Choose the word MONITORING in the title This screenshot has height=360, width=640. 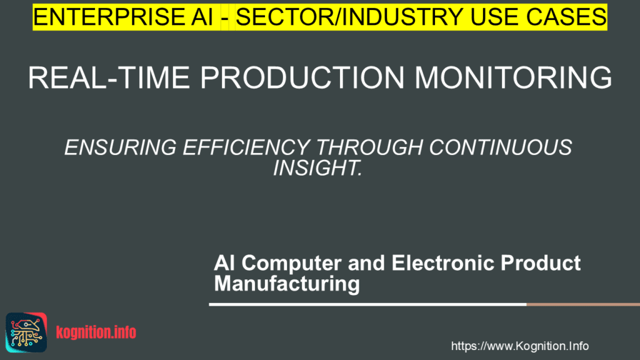(513, 78)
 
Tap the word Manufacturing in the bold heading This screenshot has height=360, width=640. (287, 284)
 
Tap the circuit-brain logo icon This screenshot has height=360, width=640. (26, 332)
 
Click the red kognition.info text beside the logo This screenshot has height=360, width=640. (96, 332)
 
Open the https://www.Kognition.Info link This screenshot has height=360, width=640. (519, 346)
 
